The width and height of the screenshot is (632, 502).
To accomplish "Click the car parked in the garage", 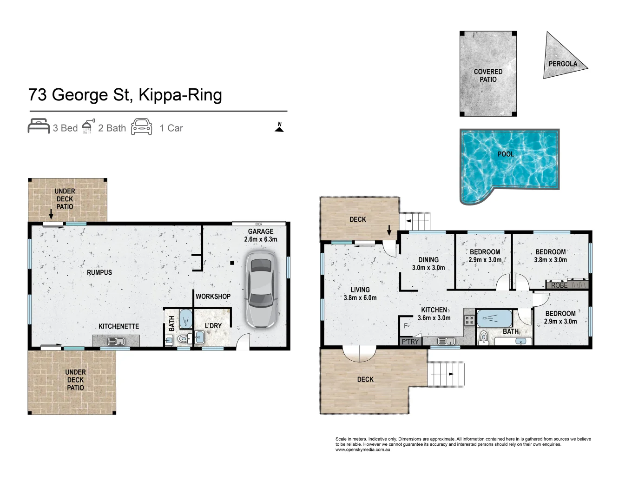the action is (261, 289).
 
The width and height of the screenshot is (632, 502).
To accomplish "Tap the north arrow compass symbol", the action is (279, 127).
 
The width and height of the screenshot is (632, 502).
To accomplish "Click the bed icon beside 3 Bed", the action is (39, 126).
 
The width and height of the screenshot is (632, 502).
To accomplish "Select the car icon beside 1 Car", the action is (142, 126).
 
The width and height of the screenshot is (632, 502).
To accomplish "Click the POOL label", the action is (506, 154).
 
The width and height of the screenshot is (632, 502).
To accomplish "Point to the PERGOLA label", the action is (563, 64).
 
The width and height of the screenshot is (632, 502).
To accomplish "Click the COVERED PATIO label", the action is (488, 75).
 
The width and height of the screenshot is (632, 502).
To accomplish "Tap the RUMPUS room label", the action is (99, 272).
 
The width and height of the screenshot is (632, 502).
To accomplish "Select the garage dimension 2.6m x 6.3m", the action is (261, 239).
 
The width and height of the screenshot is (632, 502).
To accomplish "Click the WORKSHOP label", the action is (213, 297).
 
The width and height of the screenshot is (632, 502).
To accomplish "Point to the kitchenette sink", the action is (116, 341).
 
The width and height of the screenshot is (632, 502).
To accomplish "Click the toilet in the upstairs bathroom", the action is (483, 337).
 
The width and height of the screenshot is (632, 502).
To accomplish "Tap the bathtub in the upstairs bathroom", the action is (494, 318).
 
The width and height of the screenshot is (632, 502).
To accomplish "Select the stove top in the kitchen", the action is (469, 320).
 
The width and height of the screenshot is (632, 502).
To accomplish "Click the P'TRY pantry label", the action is (410, 342).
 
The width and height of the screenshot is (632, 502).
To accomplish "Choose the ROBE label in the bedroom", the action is (559, 285).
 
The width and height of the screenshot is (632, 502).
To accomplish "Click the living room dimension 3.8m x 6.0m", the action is (360, 297).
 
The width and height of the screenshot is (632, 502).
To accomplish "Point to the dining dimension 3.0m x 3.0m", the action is (428, 268).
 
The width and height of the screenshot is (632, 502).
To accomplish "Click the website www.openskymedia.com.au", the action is (362, 449).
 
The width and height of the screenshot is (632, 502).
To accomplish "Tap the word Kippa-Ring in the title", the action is (180, 95).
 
